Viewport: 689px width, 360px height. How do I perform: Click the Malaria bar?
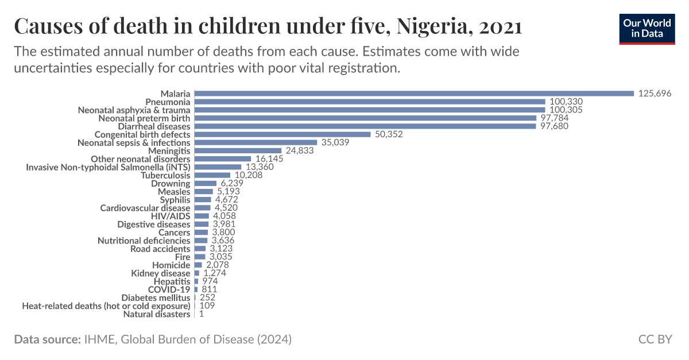pyautogui.click(x=414, y=93)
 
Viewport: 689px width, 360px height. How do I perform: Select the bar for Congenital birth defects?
pyautogui.click(x=282, y=134)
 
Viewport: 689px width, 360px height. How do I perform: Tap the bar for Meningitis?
pyautogui.click(x=238, y=150)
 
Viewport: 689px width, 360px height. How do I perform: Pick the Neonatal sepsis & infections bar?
pyautogui.click(x=256, y=142)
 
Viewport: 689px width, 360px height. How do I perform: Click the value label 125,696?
pyautogui.click(x=655, y=93)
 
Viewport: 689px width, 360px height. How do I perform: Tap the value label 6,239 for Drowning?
pyautogui.click(x=233, y=183)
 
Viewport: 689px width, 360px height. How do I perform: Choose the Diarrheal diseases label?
pyautogui.click(x=154, y=126)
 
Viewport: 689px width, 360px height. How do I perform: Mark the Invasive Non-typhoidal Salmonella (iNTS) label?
pyautogui.click(x=108, y=167)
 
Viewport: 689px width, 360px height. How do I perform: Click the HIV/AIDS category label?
pyautogui.click(x=171, y=216)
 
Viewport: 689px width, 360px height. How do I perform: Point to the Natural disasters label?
pyautogui.click(x=156, y=314)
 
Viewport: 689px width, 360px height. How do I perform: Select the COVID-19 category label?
pyautogui.click(x=169, y=289)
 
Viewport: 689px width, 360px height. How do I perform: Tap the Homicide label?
pyautogui.click(x=171, y=265)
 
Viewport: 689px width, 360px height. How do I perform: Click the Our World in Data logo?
pyautogui.click(x=647, y=28)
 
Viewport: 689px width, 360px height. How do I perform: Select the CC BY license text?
pyautogui.click(x=655, y=339)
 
